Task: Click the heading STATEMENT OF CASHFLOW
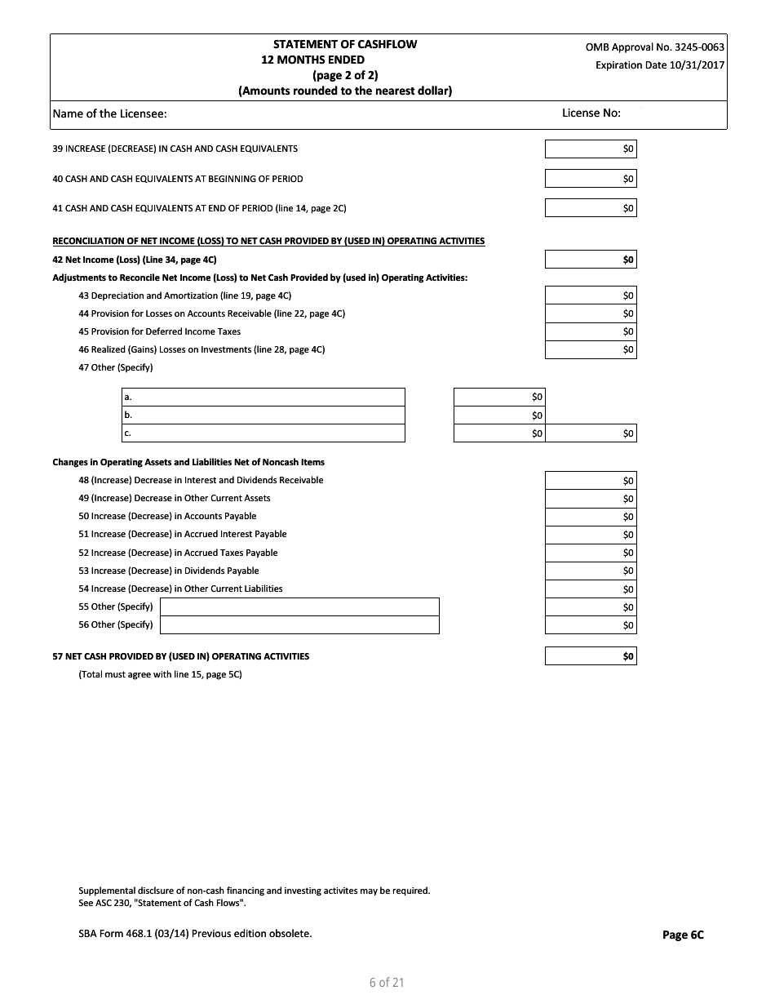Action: tap(344, 44)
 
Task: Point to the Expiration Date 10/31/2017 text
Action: tap(659, 65)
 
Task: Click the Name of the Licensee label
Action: tap(109, 113)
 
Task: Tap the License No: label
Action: tap(591, 113)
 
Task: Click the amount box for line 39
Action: tap(591, 149)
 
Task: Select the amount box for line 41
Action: tap(591, 208)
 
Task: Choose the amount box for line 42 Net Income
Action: tap(591, 260)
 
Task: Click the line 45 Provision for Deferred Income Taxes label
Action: tap(159, 331)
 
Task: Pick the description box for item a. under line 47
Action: tap(263, 397)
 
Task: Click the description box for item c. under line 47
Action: tap(263, 433)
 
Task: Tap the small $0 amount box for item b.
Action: tap(499, 415)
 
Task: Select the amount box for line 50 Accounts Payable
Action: tap(591, 517)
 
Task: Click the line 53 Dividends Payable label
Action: tap(168, 571)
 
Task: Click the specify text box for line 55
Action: tap(299, 606)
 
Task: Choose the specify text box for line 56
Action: tap(299, 624)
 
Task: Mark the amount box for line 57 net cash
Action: tap(591, 656)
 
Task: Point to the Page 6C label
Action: tap(683, 935)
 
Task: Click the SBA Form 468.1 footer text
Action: tap(195, 933)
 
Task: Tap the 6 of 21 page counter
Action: tap(387, 982)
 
